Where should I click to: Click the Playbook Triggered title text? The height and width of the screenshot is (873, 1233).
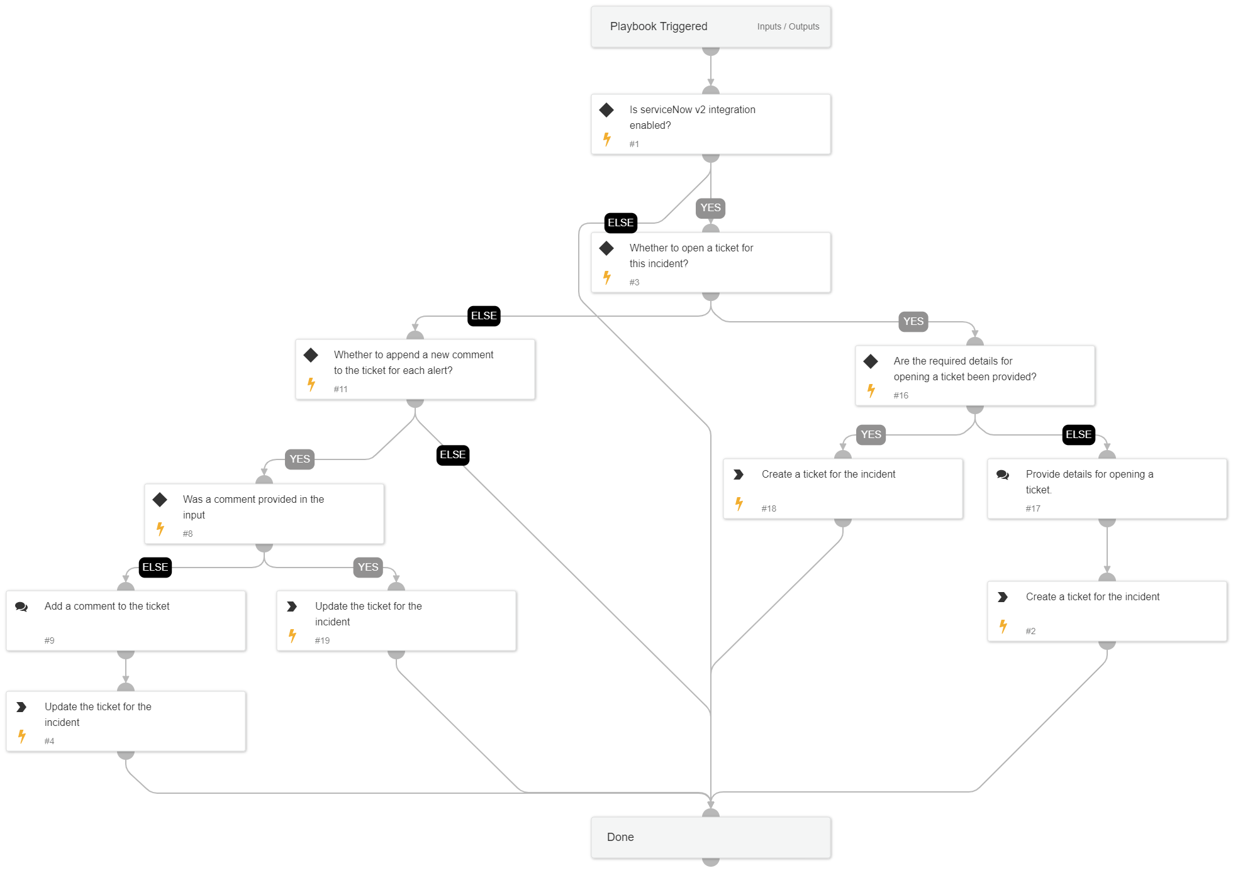pyautogui.click(x=658, y=26)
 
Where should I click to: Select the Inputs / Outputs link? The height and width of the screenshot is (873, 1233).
pyautogui.click(x=788, y=26)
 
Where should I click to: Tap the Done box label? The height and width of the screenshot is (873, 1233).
pyautogui.click(x=620, y=837)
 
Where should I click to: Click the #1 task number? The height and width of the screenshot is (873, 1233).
pyautogui.click(x=634, y=144)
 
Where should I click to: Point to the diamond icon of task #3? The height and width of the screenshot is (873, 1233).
pyautogui.click(x=606, y=248)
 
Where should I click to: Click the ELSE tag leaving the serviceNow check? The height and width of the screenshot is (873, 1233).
pyautogui.click(x=620, y=223)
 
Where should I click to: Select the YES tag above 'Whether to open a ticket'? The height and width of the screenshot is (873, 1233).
pyautogui.click(x=710, y=208)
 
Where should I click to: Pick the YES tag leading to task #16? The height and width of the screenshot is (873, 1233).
pyautogui.click(x=913, y=322)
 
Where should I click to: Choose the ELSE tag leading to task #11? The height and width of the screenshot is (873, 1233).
pyautogui.click(x=484, y=316)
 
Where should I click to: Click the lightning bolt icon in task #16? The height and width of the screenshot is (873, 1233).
pyautogui.click(x=871, y=391)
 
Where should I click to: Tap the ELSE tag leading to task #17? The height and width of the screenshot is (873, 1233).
pyautogui.click(x=1078, y=435)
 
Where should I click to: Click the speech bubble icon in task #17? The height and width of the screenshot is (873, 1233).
pyautogui.click(x=1003, y=475)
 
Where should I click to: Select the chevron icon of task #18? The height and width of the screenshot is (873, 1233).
pyautogui.click(x=739, y=475)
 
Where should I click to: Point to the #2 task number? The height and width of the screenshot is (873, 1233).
pyautogui.click(x=1030, y=631)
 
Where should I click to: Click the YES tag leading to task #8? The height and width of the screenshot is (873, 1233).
pyautogui.click(x=299, y=459)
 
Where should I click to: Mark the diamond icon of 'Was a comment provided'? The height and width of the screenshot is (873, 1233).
pyautogui.click(x=160, y=500)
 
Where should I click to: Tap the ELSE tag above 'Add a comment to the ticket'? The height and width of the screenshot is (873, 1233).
pyautogui.click(x=155, y=568)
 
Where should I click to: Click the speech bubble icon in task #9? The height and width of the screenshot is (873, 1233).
pyautogui.click(x=21, y=607)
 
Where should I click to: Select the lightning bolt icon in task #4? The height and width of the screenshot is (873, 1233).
pyautogui.click(x=22, y=736)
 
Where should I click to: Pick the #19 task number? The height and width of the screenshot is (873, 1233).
pyautogui.click(x=322, y=640)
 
